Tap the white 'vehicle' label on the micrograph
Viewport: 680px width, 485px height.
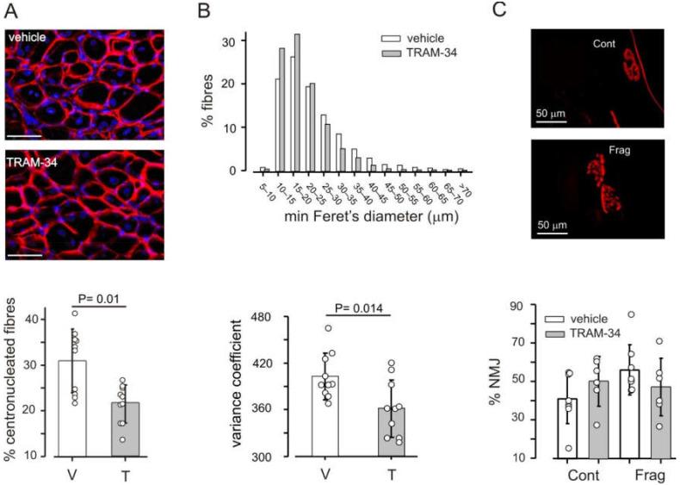pos(28,37)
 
